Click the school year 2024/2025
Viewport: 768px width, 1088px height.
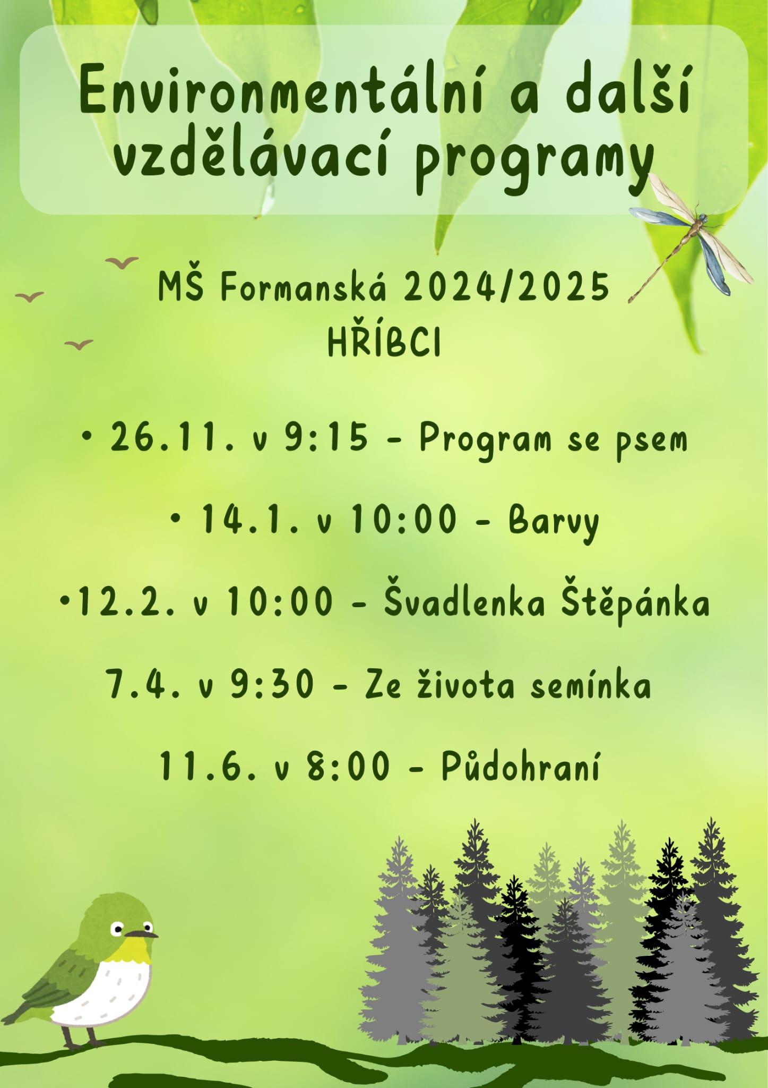coord(506,287)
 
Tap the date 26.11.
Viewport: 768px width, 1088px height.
coord(171,438)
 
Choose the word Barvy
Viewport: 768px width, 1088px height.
coord(554,521)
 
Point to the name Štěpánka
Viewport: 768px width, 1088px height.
coord(636,602)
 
